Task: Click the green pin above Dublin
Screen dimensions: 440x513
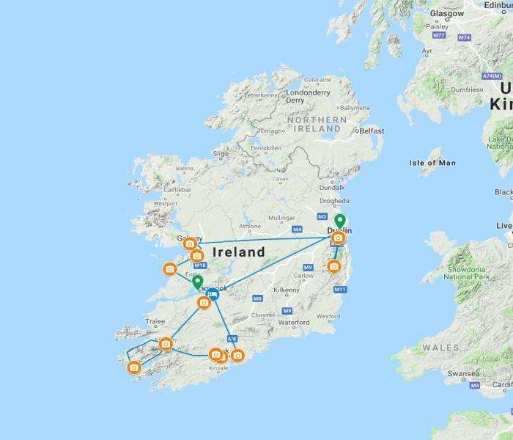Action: pos(339,221)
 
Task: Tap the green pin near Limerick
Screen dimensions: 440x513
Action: pos(197,282)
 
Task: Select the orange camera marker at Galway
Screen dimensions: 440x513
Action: pos(190,243)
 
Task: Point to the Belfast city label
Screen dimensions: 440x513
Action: pos(371,131)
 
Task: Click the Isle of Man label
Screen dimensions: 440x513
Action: pos(432,162)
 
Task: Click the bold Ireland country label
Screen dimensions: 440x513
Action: pos(238,252)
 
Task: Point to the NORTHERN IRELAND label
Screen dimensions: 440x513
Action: pos(320,124)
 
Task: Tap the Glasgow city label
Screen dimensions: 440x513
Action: pos(447,13)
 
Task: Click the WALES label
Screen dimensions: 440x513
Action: pos(440,348)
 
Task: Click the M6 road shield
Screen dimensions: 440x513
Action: pos(256,298)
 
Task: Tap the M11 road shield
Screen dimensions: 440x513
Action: pos(340,290)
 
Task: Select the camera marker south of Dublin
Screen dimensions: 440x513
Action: pos(334,266)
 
